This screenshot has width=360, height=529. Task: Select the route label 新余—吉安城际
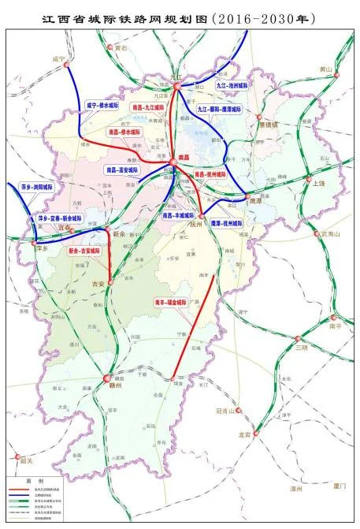[85, 250]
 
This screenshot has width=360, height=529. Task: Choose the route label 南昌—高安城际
[121, 170]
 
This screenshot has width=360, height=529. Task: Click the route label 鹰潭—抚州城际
[227, 223]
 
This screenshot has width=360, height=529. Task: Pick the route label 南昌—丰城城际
[177, 214]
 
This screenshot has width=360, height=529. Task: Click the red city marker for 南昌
[172, 162]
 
